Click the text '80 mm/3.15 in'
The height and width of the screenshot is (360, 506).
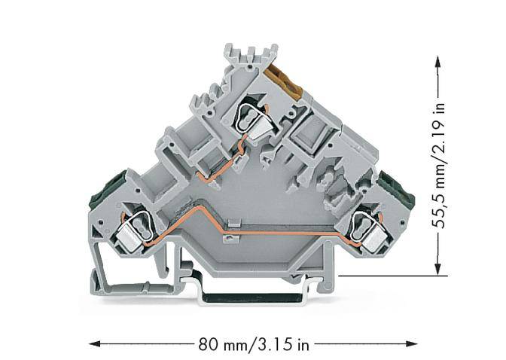point(254,345)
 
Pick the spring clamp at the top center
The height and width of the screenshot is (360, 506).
point(255,120)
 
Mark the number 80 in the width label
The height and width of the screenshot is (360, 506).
point(208,345)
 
